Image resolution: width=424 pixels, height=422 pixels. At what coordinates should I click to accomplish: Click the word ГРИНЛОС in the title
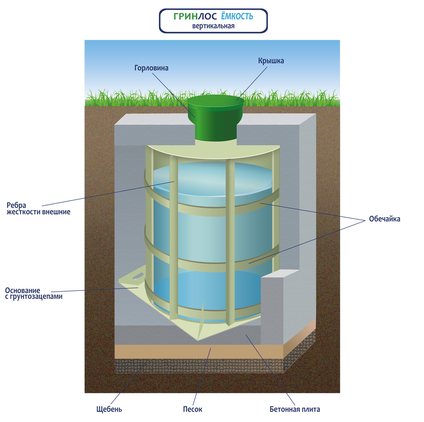point(195,16)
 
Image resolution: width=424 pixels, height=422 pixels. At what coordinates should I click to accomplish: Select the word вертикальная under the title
point(213,26)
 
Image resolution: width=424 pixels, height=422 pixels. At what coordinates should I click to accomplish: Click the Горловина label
point(151,68)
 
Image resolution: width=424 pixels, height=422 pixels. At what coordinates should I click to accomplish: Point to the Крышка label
point(271,61)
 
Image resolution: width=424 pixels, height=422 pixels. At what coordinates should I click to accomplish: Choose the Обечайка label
point(384,219)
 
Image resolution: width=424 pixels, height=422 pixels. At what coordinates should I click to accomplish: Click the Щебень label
point(109,409)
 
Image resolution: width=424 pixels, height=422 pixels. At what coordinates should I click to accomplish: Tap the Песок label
point(192,409)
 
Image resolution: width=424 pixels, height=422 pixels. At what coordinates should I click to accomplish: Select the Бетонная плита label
point(295,409)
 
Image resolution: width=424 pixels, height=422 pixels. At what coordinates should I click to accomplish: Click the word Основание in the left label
point(23,290)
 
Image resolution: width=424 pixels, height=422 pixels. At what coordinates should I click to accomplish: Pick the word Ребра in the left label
point(16,205)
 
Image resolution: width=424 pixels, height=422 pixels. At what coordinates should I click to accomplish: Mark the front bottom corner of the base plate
point(198,339)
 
